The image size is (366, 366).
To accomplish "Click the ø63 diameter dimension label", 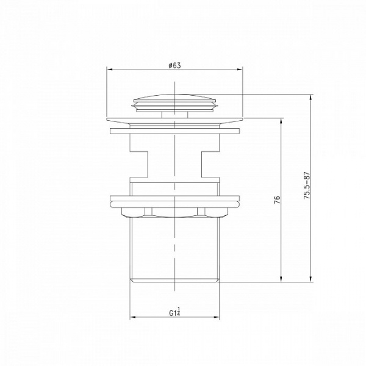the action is [x=174, y=65].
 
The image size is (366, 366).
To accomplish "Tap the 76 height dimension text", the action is [x=277, y=200].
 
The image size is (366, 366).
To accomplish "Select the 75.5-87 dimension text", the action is [x=306, y=185].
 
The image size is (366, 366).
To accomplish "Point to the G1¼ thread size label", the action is [x=175, y=312].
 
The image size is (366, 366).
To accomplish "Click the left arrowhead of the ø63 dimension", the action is [x=110, y=70].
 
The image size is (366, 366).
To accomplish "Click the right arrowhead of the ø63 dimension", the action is [x=240, y=70].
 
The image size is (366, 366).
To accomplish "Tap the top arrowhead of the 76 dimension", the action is [x=281, y=121].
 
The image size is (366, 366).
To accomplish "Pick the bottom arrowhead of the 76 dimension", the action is [x=281, y=279].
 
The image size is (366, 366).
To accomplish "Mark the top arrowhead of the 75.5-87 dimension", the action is [x=310, y=98].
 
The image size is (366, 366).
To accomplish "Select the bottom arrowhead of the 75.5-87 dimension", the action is [x=310, y=279].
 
